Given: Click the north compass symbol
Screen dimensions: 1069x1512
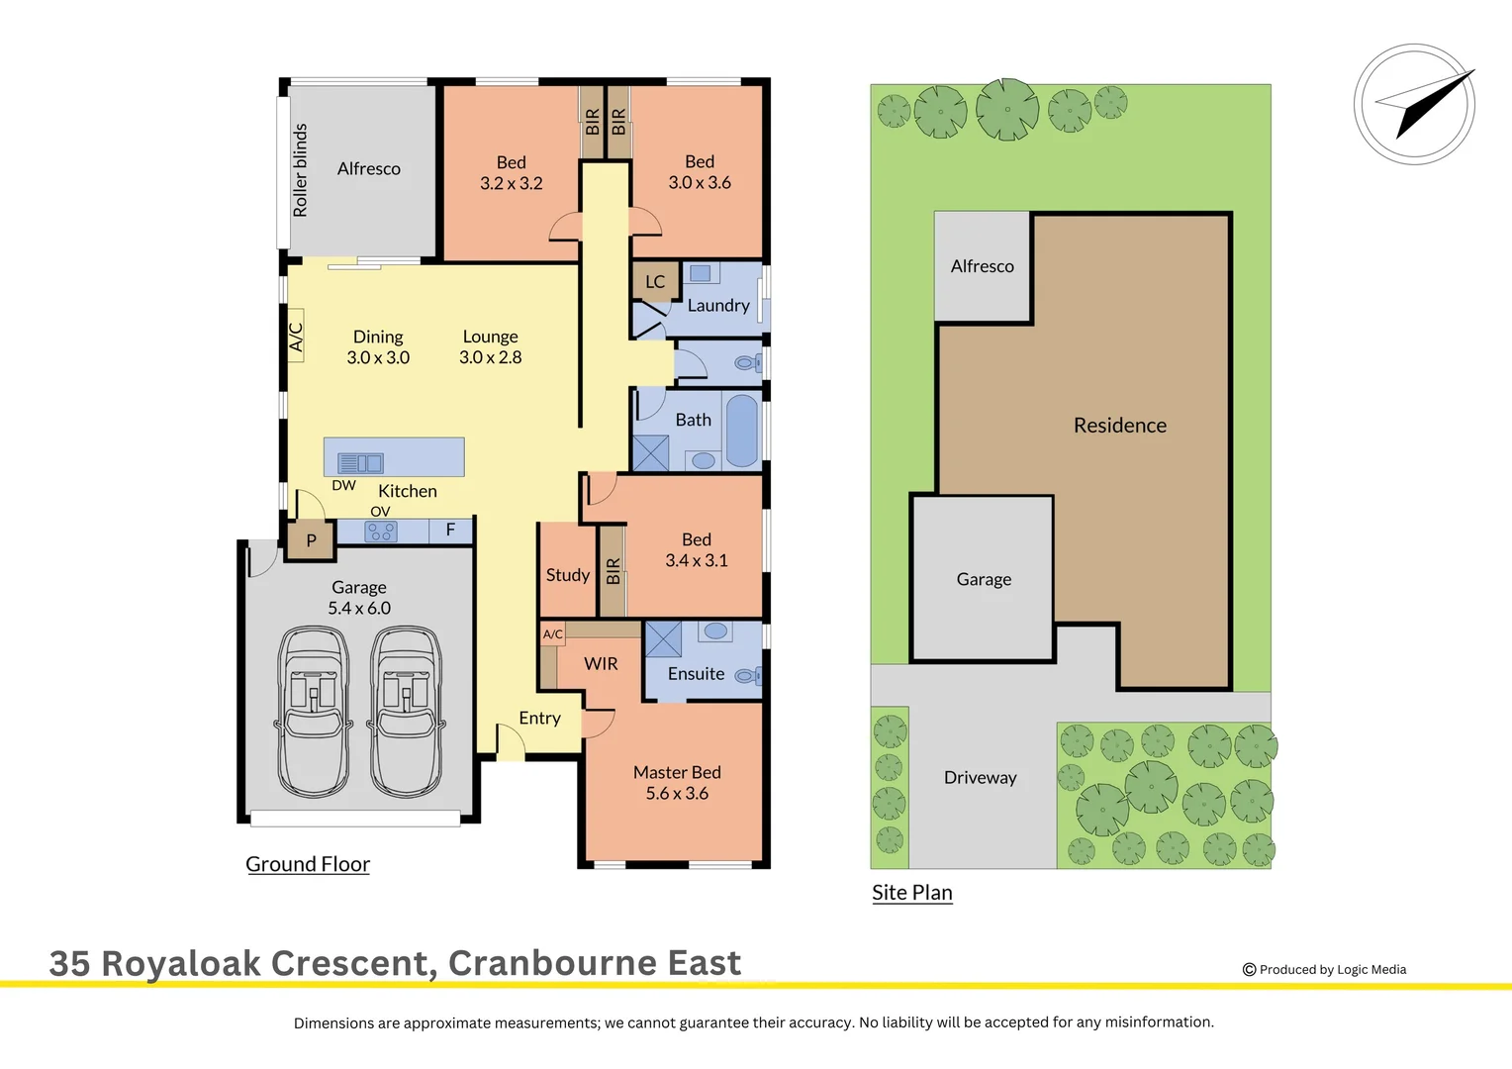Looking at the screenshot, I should point(1415,104).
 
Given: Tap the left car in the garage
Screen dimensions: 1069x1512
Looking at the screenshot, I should point(314,711).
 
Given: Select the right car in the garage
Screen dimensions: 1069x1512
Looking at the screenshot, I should point(407,711).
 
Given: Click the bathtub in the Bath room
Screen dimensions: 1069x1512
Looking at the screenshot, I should point(742,431).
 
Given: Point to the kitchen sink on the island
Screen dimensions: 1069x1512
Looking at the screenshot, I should point(360,462).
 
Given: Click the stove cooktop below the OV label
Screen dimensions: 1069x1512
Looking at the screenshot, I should point(382,532).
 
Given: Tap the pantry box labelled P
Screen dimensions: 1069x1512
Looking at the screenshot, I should point(311,540).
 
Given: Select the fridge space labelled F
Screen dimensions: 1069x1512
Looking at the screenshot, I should point(450,531).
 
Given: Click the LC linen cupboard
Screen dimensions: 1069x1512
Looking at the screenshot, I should point(655,282).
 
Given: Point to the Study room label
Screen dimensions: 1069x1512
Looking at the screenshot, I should point(567,575).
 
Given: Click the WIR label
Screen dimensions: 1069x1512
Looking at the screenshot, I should point(601,664).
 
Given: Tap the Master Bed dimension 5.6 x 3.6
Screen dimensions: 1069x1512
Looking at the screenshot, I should point(677,794).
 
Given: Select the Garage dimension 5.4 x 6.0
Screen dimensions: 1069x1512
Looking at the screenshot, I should point(359,609).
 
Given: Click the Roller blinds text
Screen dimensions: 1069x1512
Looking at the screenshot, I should point(300,170).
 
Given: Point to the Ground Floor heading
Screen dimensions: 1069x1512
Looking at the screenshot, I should point(308,864).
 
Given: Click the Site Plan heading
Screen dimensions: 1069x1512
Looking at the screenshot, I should point(911,893).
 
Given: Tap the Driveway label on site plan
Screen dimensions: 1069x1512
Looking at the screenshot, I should point(980,778).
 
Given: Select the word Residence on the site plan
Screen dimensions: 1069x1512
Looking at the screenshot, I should point(1120,426).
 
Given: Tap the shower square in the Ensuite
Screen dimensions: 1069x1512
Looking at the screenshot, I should point(663,639).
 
